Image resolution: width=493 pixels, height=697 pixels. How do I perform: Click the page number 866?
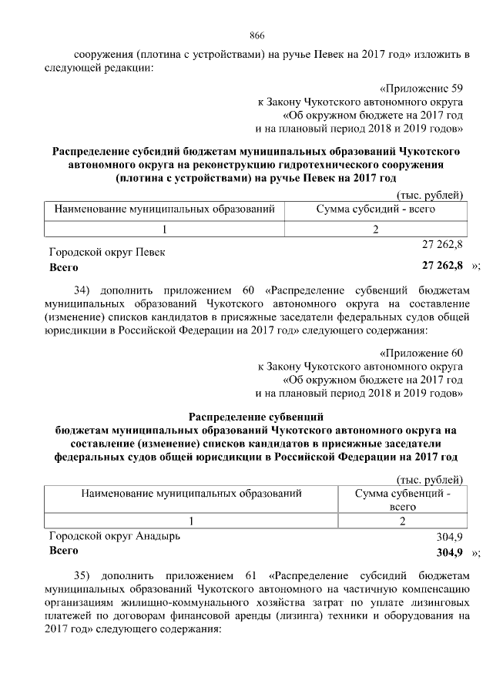pos(257,35)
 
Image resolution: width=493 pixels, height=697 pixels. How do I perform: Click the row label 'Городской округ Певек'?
pos(107,252)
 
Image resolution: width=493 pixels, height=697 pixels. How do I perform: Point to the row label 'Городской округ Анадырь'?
pos(115,537)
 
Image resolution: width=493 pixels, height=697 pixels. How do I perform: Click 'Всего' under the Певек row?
pos(64,267)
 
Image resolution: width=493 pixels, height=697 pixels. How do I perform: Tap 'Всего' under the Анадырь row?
pos(64,551)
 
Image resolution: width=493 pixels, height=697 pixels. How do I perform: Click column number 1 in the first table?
pos(164,230)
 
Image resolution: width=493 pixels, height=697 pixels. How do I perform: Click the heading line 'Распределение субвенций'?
pos(257,416)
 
